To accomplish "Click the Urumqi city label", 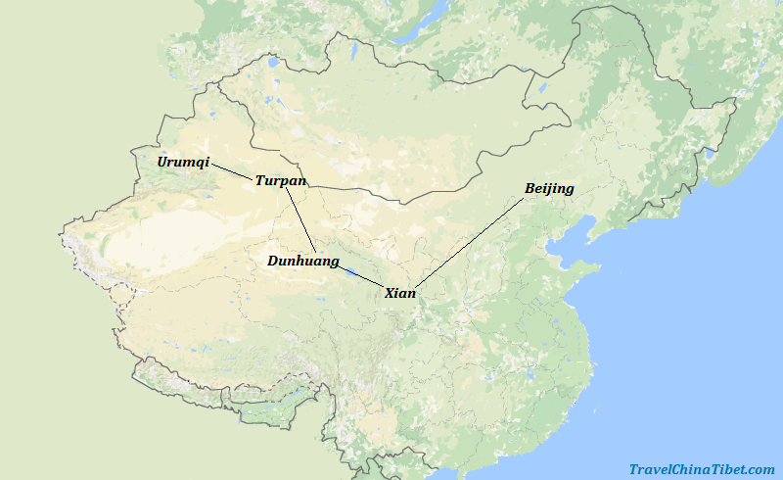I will pyautogui.click(x=183, y=162).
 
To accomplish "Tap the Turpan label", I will pyautogui.click(x=281, y=181).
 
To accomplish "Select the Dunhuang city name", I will pyautogui.click(x=303, y=262).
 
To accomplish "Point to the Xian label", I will pyautogui.click(x=400, y=293).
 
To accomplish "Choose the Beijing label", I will pyautogui.click(x=549, y=188).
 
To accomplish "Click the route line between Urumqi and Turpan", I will pyautogui.click(x=232, y=171).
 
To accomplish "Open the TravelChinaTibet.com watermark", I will pyautogui.click(x=702, y=469).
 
